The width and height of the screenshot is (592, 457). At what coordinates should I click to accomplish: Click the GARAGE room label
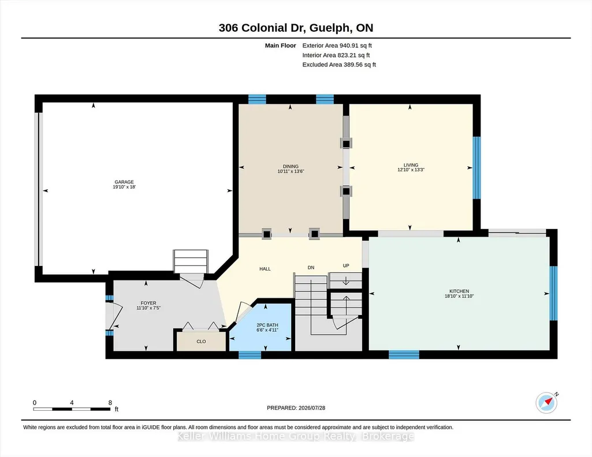click(124, 182)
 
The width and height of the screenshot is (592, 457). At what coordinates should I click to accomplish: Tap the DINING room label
click(291, 166)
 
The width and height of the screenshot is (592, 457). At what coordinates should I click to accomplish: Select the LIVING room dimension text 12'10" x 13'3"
click(411, 170)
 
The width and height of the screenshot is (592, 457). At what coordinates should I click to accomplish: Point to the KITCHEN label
click(459, 291)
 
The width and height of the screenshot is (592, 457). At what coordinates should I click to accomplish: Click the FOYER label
click(148, 303)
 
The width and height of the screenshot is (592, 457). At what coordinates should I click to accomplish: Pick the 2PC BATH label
click(267, 325)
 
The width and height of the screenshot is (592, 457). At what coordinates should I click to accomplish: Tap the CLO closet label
click(201, 342)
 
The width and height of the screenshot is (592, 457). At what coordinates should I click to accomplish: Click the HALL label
click(265, 269)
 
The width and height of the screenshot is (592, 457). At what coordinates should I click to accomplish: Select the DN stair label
click(311, 267)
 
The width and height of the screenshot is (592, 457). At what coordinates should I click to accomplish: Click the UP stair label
click(346, 265)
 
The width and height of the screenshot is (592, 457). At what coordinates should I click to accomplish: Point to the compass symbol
click(547, 403)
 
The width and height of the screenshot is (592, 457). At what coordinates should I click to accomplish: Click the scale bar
click(72, 409)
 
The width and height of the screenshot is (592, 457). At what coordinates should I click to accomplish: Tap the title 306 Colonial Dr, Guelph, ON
click(296, 28)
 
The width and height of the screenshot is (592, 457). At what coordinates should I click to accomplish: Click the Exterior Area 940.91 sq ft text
click(337, 46)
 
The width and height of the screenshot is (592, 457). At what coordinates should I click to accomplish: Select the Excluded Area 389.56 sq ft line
click(339, 65)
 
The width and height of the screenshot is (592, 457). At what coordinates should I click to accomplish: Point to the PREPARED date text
click(296, 407)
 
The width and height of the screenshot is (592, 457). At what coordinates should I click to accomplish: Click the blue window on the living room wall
click(477, 167)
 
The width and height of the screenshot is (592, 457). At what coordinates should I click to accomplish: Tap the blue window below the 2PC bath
click(250, 354)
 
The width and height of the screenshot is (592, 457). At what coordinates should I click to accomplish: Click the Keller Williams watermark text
click(296, 436)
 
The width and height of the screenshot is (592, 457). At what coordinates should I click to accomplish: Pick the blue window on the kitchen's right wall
click(553, 293)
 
